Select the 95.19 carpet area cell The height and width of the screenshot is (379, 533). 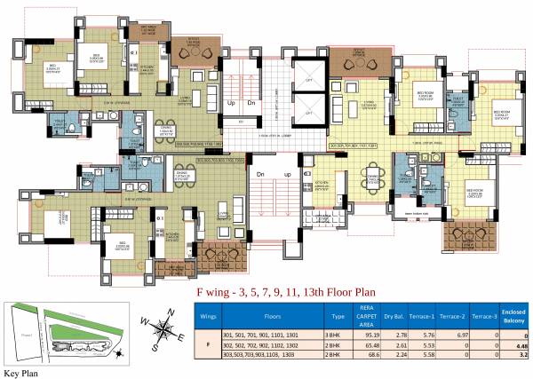[361, 336]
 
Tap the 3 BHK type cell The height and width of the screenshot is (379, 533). [325, 336]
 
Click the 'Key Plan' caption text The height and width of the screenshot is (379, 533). [21, 374]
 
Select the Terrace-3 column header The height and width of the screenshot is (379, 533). [483, 313]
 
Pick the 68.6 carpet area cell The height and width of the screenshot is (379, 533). [361, 355]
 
